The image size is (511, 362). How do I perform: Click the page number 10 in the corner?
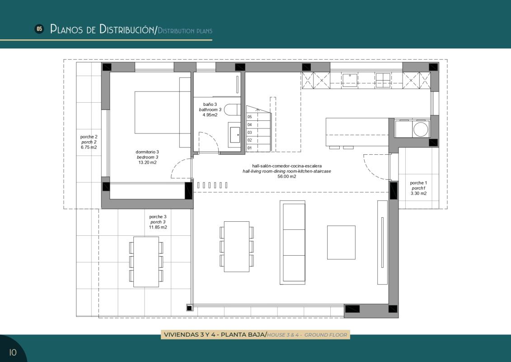13,352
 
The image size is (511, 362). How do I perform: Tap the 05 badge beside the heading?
39,29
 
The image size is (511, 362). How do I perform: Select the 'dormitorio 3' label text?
147,152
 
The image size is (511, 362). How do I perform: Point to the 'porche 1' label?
418,183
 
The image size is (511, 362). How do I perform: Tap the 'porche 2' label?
89,137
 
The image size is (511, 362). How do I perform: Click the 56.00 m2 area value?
287,177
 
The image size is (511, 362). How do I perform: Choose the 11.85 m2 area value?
158,228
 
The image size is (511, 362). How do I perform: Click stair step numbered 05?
249,117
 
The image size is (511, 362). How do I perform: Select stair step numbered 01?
249,148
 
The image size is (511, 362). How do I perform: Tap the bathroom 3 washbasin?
235,134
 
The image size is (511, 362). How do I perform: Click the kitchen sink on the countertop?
350,80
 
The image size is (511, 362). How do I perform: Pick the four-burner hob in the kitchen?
383,80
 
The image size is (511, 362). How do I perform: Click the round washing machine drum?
421,129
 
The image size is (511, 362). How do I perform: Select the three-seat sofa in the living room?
294,243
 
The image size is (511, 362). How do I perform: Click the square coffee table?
341,242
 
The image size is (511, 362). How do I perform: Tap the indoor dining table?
237,247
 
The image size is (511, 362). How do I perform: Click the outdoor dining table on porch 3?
146,262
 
